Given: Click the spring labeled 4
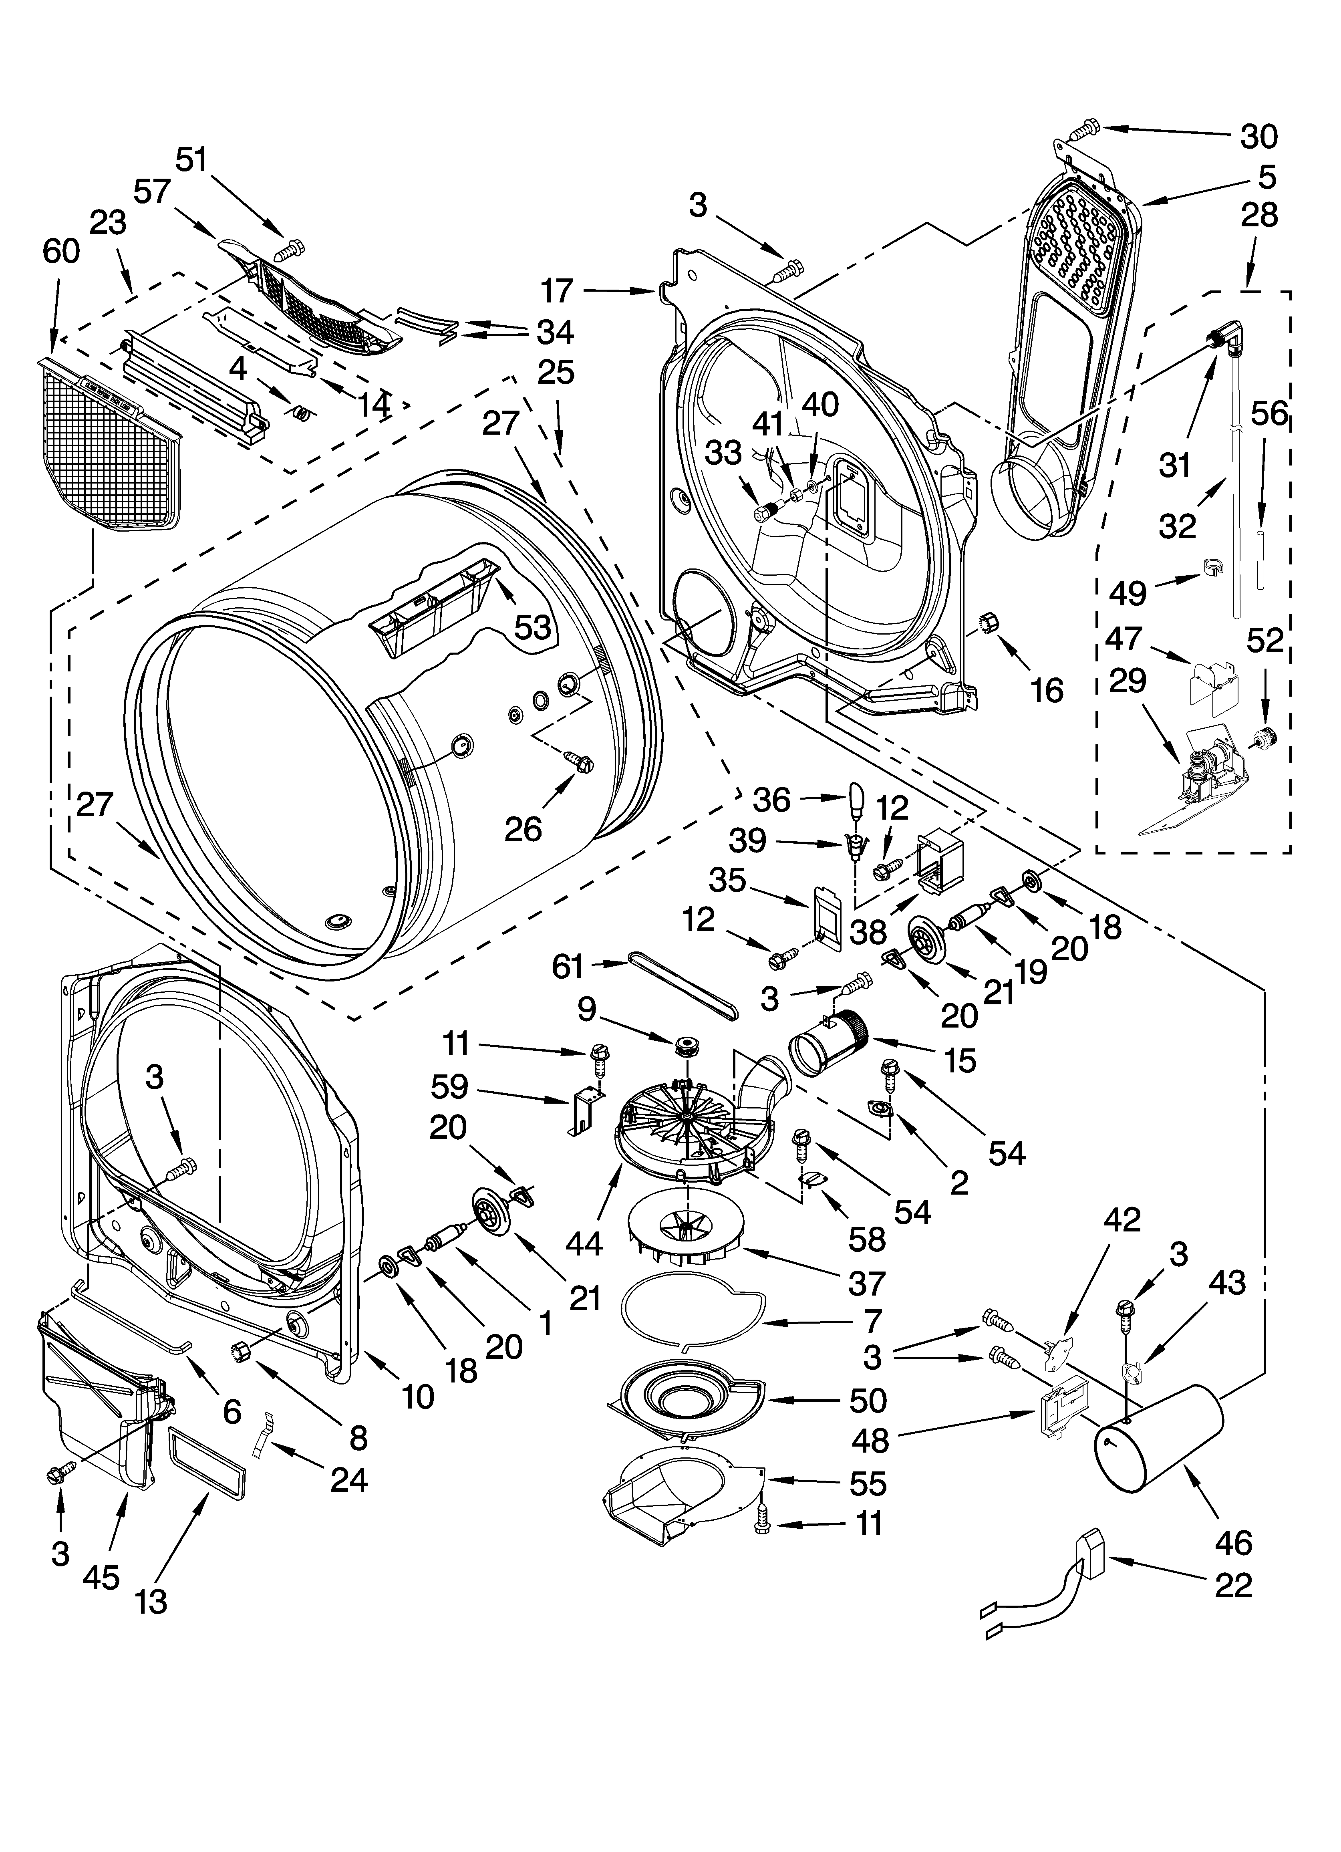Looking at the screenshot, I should click(x=301, y=413).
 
